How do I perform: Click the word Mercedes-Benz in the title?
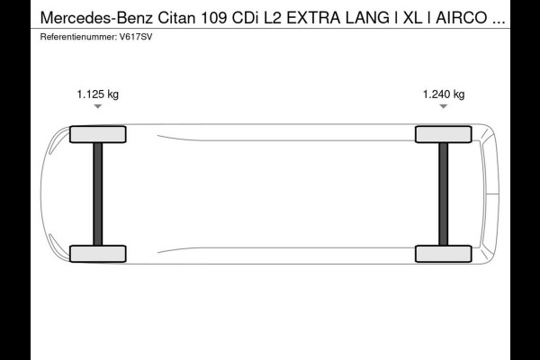pos(96,18)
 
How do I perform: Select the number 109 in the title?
pos(213,18)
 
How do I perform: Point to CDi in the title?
pos(245,18)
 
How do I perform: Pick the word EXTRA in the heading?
pos(313,18)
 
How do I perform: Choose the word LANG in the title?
pos(367,18)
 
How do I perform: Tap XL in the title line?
pos(412,18)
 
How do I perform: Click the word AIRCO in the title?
pos(462,18)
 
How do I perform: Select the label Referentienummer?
pos(78,37)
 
